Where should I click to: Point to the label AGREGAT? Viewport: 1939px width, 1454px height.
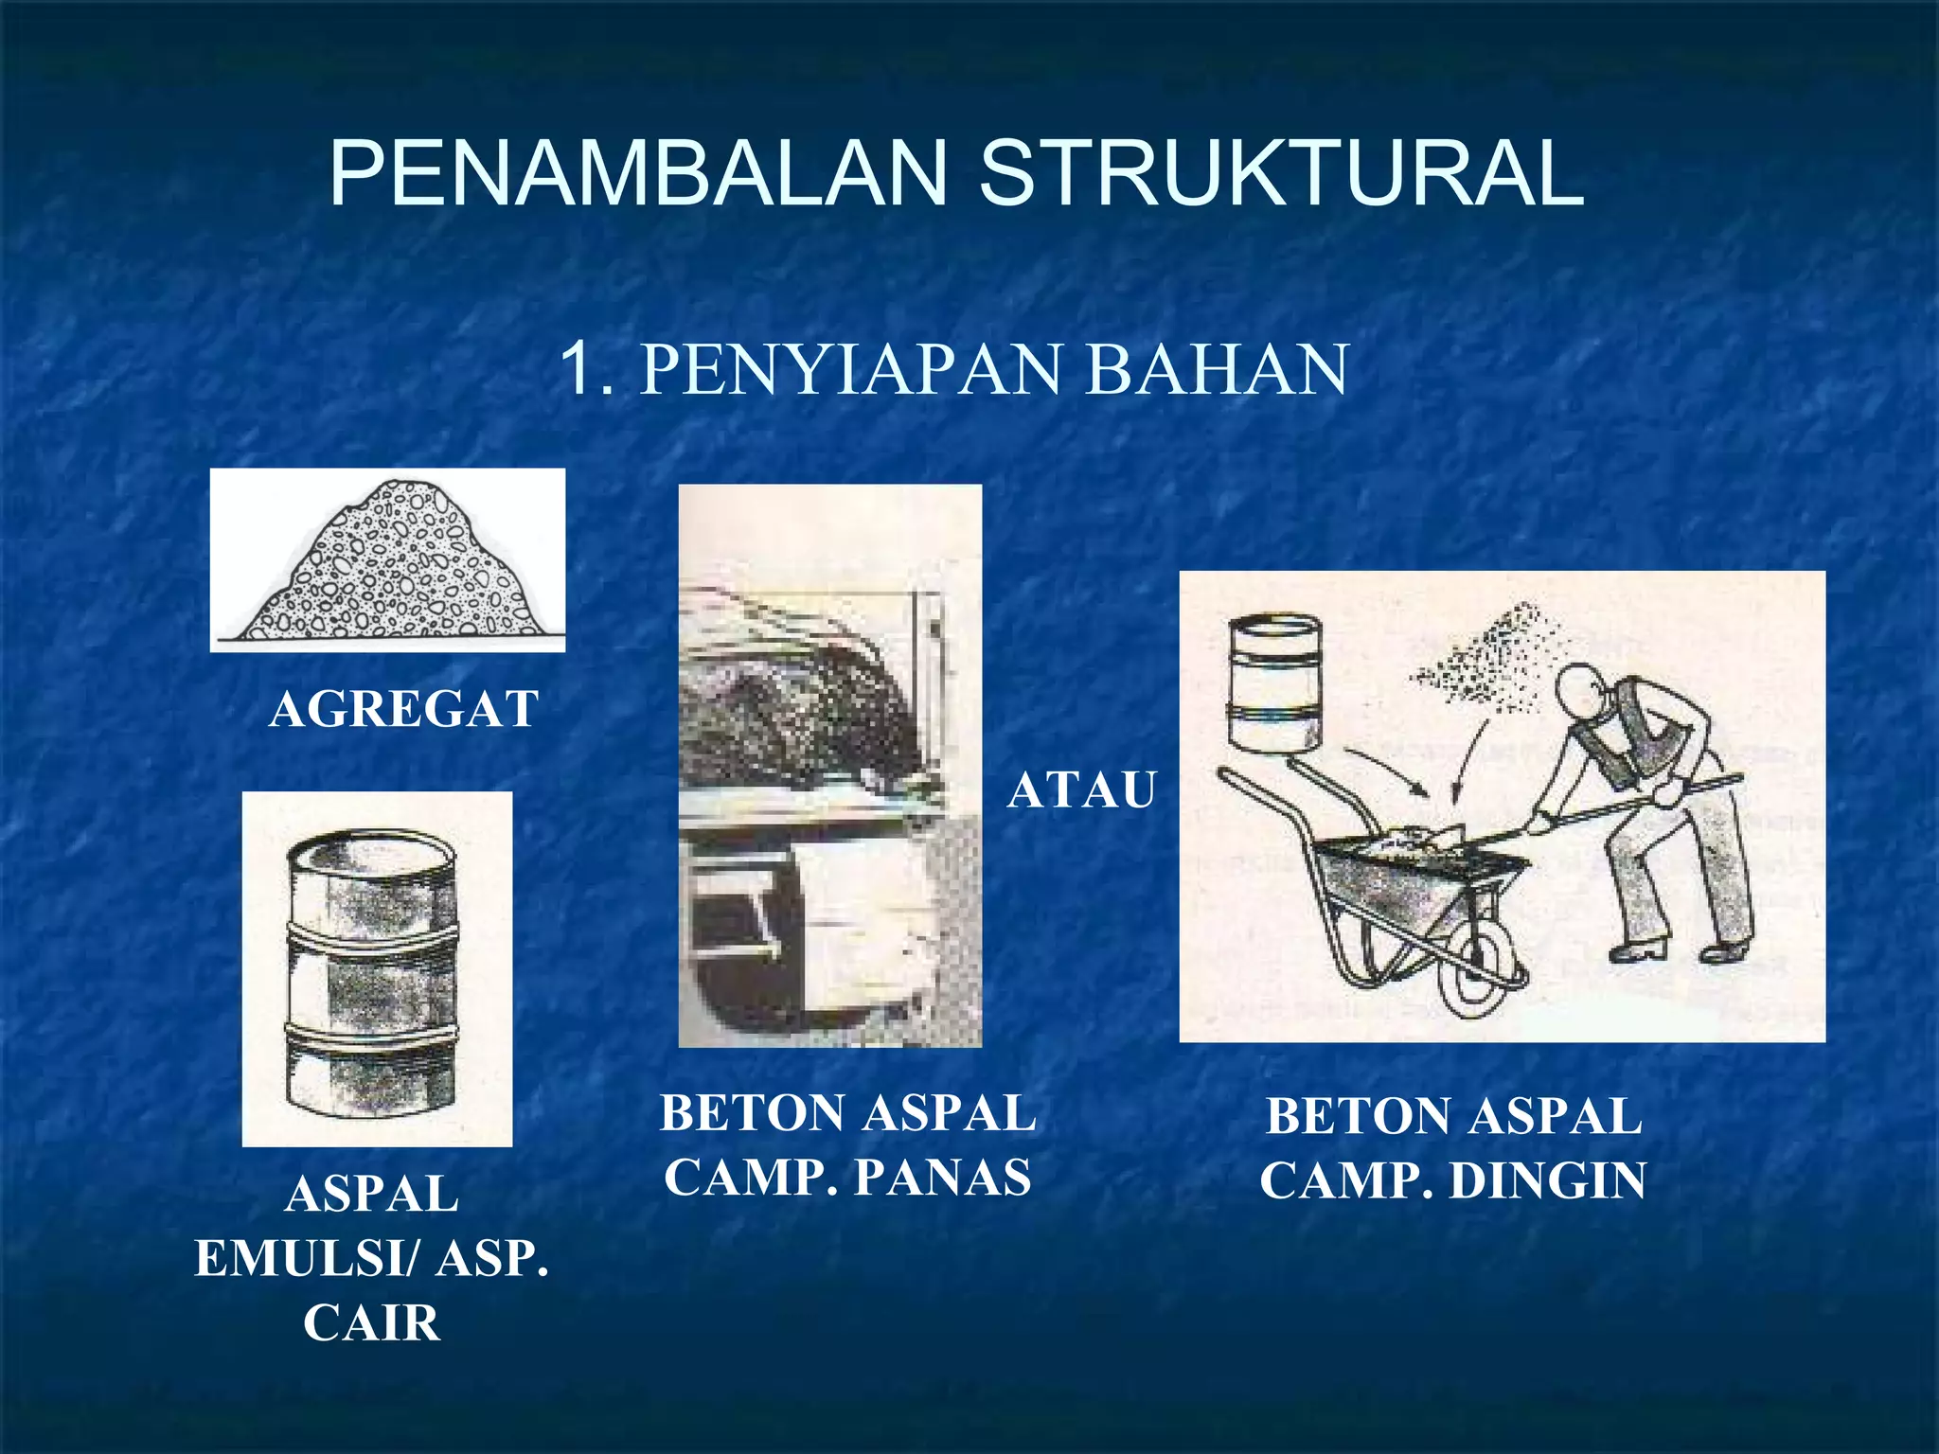coord(404,708)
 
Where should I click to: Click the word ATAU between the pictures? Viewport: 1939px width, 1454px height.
coord(1081,789)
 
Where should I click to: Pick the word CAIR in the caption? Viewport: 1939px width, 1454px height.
coord(372,1322)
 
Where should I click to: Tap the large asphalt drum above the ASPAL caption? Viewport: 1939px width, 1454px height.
coord(372,970)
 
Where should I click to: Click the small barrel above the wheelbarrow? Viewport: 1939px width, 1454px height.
coord(1272,682)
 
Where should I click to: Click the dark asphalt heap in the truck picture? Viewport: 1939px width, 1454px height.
coord(805,700)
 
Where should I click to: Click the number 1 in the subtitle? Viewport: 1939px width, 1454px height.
coord(578,370)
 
